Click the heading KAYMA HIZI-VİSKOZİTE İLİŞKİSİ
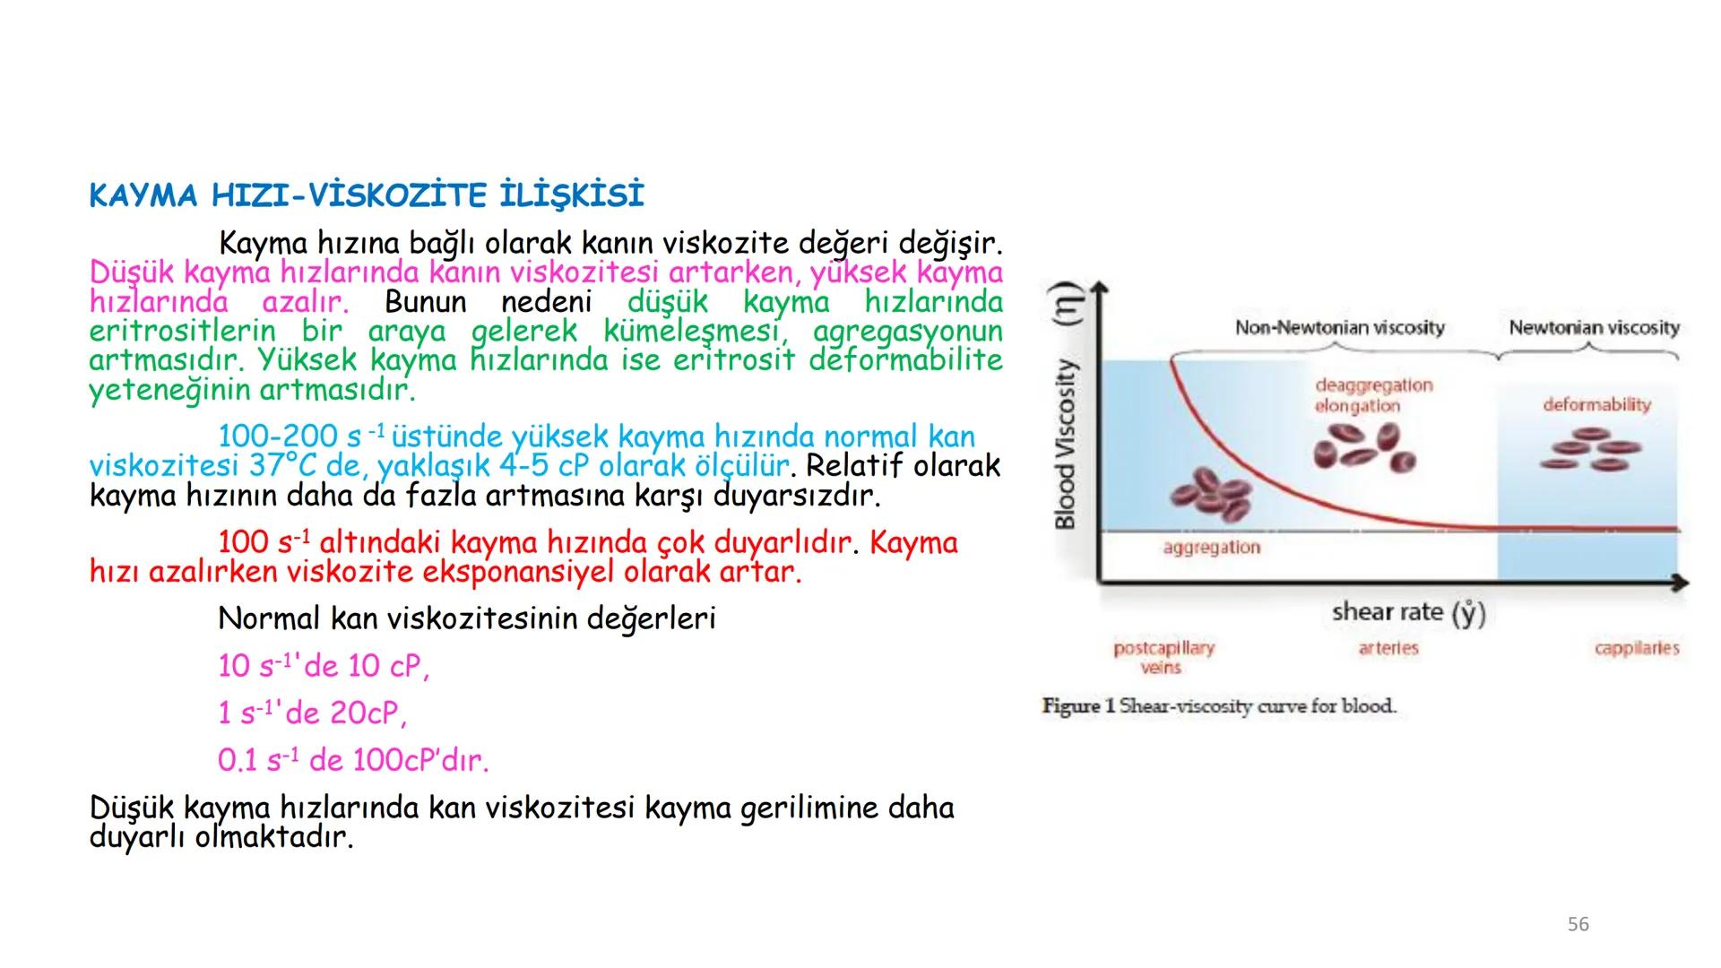(367, 195)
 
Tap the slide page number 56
(1578, 924)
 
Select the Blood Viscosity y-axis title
(1065, 445)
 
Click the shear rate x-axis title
(1408, 612)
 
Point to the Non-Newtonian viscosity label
(1339, 328)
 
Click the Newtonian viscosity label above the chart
(1594, 328)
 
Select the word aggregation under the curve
(1211, 548)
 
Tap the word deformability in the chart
(1596, 404)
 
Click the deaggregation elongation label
(1373, 395)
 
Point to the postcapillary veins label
(1163, 657)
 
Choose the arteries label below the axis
(1388, 648)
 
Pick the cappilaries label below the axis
(1636, 648)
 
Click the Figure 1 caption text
(1219, 706)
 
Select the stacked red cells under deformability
(1590, 449)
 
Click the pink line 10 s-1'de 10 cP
(324, 666)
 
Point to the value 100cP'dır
(420, 761)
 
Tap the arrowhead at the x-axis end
(1680, 583)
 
